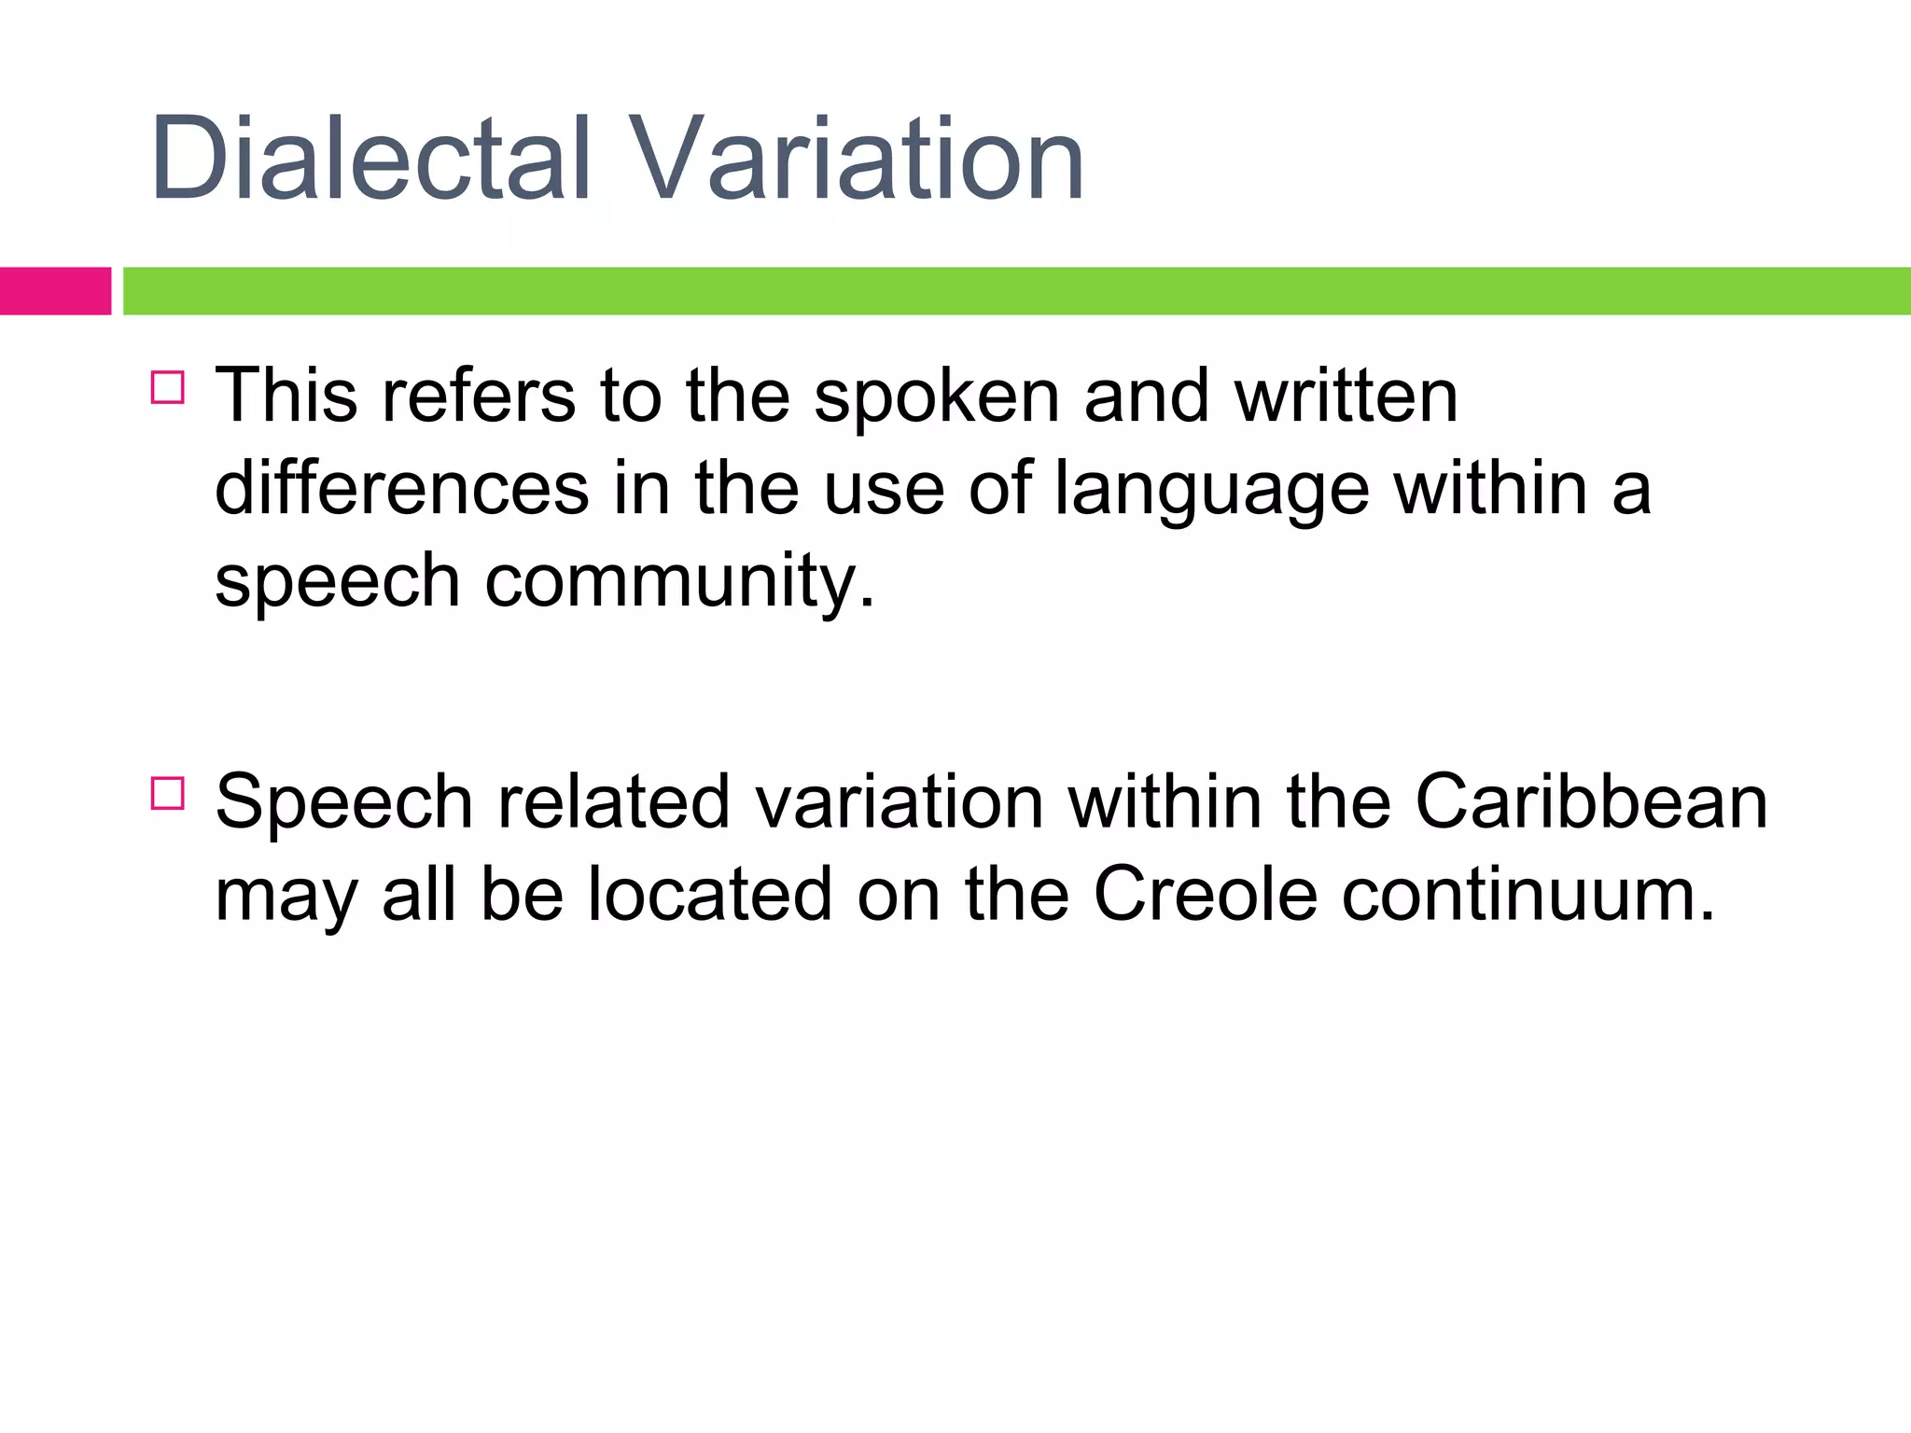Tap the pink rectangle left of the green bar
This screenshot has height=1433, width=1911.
[55, 291]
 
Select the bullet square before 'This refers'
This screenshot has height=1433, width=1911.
[168, 386]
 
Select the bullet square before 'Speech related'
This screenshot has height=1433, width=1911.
[168, 793]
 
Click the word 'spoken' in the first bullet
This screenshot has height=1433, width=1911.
[936, 397]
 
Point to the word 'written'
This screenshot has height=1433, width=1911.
[1346, 397]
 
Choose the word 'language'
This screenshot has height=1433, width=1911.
[1211, 490]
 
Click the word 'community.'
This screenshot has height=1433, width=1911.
[680, 581]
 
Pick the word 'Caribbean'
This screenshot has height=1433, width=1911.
[1591, 802]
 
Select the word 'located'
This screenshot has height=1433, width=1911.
[710, 895]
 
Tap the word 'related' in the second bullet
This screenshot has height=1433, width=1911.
[614, 802]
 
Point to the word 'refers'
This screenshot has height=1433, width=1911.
[479, 397]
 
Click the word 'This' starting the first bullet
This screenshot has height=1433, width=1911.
[286, 397]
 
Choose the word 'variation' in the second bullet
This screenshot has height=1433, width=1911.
[900, 802]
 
